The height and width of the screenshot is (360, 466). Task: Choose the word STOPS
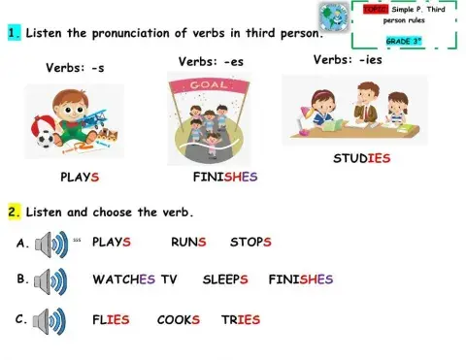coord(250,242)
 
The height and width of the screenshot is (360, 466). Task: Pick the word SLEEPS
coord(225,279)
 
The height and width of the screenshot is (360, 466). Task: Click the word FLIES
coord(111,319)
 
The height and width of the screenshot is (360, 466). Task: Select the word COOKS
coord(178,319)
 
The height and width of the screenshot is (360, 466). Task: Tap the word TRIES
coord(241,319)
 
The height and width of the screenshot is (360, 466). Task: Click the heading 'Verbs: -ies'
coord(349,59)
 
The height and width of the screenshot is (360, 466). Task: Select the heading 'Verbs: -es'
coord(211,62)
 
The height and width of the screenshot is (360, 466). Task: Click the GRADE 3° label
coord(403,42)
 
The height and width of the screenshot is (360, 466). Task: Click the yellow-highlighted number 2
coord(15,211)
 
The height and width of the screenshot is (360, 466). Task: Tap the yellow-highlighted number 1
coord(15,33)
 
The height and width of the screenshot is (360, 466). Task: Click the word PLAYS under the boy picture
coord(80,179)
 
